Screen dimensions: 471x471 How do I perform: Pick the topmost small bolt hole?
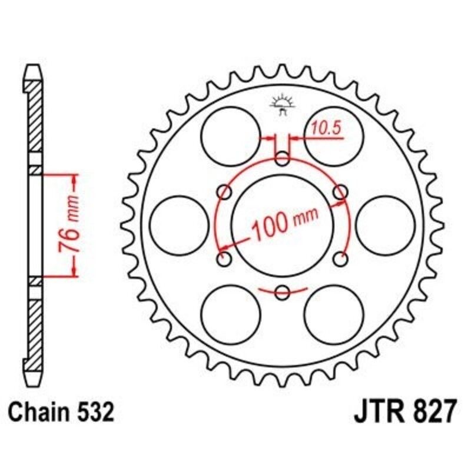(x=282, y=158)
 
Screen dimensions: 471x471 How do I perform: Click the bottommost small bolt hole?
(x=282, y=291)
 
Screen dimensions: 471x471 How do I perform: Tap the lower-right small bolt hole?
(x=340, y=258)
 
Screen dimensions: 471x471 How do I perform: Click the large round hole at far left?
(x=179, y=224)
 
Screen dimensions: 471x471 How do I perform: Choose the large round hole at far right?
(x=385, y=224)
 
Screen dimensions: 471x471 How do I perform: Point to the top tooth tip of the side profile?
(x=35, y=69)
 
